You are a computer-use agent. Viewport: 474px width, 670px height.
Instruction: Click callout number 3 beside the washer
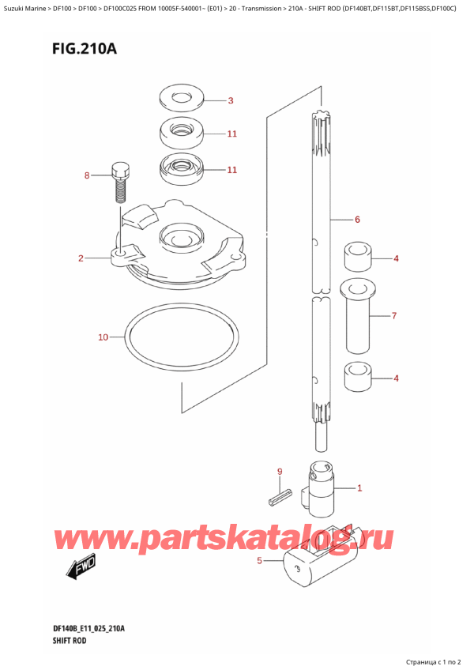point(230,100)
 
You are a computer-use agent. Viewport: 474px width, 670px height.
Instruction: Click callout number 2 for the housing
point(81,258)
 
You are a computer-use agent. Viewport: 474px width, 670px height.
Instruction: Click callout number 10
point(103,337)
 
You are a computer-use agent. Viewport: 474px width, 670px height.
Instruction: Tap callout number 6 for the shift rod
point(357,219)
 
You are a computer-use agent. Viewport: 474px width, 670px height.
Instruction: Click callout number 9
point(280,472)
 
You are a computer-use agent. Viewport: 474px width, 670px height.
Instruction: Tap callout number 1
point(359,487)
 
